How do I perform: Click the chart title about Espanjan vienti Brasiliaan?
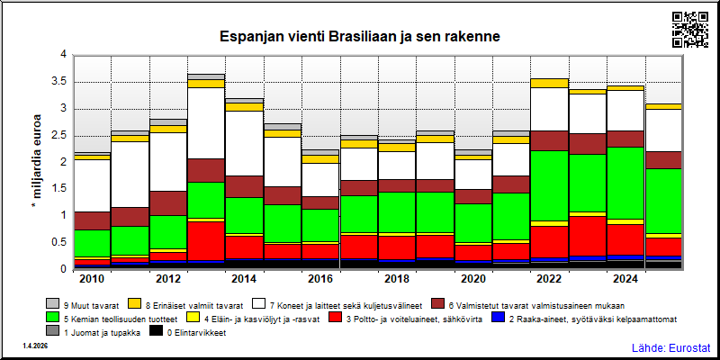(x=359, y=36)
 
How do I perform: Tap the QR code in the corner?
(x=690, y=30)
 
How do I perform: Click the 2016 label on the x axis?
(x=321, y=279)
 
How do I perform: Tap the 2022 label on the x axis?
(x=550, y=279)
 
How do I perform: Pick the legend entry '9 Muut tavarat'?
(x=83, y=304)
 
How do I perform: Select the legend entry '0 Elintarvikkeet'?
(x=188, y=332)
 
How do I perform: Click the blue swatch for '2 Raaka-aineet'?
(x=498, y=318)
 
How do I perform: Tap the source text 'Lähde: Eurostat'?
(x=670, y=347)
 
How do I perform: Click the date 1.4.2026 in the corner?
(x=34, y=346)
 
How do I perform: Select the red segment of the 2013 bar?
(x=206, y=241)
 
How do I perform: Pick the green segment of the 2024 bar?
(x=626, y=184)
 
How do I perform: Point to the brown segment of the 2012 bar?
(x=168, y=203)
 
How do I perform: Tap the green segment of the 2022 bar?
(x=550, y=186)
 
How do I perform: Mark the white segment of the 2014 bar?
(x=244, y=144)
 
